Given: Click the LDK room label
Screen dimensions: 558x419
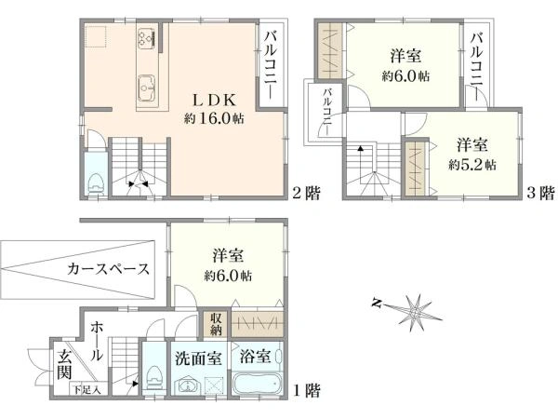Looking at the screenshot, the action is [214, 101].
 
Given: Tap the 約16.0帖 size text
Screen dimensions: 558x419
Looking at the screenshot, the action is [214, 118].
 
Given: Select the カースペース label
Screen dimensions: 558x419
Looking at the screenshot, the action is [109, 269].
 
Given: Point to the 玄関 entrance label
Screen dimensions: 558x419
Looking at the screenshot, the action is [65, 364].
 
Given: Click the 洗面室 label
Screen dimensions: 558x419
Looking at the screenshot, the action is [199, 358].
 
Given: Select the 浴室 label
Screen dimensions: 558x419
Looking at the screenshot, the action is [255, 356].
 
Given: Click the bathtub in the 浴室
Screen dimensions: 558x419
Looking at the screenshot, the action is [258, 383].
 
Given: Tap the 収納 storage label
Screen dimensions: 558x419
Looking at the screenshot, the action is [216, 324].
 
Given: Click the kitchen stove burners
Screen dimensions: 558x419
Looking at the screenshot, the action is [147, 38].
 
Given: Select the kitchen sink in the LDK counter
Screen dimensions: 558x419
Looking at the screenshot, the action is [146, 88].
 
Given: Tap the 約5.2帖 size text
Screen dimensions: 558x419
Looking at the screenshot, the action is [472, 165].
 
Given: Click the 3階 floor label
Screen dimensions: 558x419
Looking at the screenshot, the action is [540, 193].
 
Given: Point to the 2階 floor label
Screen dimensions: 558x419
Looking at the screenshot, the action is [306, 193].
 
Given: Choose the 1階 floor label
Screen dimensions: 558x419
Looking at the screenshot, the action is [306, 390].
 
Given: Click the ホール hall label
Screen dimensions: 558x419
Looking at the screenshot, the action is [96, 341].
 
